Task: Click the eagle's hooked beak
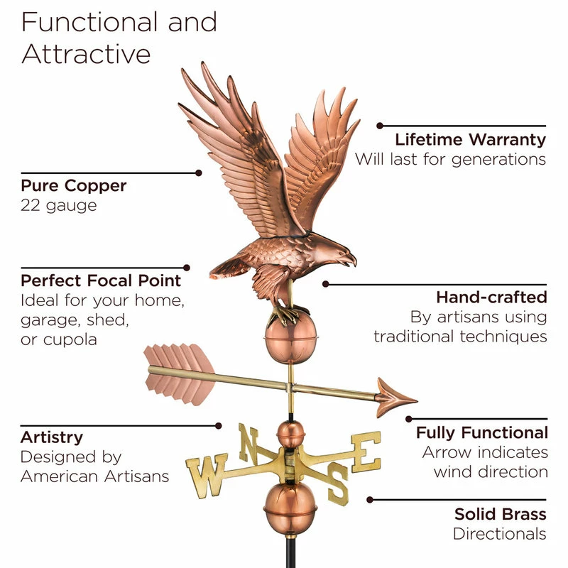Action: [351, 261]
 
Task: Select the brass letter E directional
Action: [366, 451]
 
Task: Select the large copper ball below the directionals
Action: [289, 507]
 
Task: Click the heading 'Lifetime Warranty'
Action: [470, 139]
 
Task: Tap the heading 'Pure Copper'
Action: [73, 186]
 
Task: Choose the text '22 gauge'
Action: [59, 206]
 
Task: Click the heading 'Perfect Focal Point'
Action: [101, 280]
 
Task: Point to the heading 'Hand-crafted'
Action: [491, 296]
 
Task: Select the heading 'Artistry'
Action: [51, 437]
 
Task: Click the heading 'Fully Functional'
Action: [481, 432]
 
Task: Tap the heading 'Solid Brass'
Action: [500, 513]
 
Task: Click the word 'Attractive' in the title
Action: [86, 54]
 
